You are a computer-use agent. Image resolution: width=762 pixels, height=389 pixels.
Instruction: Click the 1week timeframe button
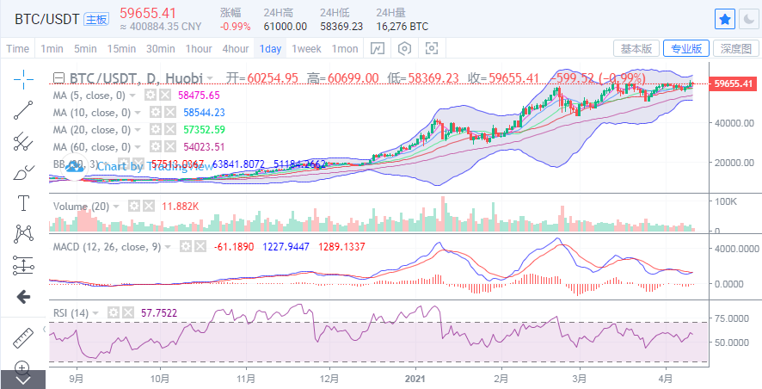coord(305,48)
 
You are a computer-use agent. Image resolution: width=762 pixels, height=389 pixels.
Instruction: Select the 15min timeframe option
coord(121,48)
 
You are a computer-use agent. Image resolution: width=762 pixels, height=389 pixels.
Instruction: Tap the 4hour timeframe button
coord(235,48)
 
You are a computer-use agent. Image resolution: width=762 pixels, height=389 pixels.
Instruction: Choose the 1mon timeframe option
coord(345,48)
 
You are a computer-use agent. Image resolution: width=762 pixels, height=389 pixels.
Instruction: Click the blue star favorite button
coord(725,19)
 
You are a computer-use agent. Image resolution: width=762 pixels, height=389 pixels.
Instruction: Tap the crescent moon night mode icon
coord(748,19)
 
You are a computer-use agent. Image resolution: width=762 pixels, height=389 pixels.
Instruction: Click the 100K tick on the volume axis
coord(727,201)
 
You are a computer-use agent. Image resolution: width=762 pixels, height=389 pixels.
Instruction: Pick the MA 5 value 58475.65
coord(200,96)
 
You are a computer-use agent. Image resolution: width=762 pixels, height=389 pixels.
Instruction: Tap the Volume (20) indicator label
coord(82,207)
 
